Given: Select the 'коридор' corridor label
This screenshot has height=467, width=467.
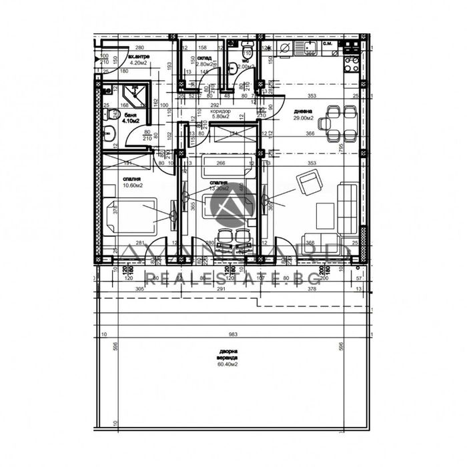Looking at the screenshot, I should tap(221, 110).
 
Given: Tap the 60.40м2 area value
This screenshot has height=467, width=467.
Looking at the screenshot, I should tap(227, 365).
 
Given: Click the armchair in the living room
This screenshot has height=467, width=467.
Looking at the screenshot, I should tap(307, 181).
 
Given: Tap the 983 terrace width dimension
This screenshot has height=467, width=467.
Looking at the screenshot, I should tap(229, 335).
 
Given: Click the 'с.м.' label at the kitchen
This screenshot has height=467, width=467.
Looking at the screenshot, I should tap(328, 44).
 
